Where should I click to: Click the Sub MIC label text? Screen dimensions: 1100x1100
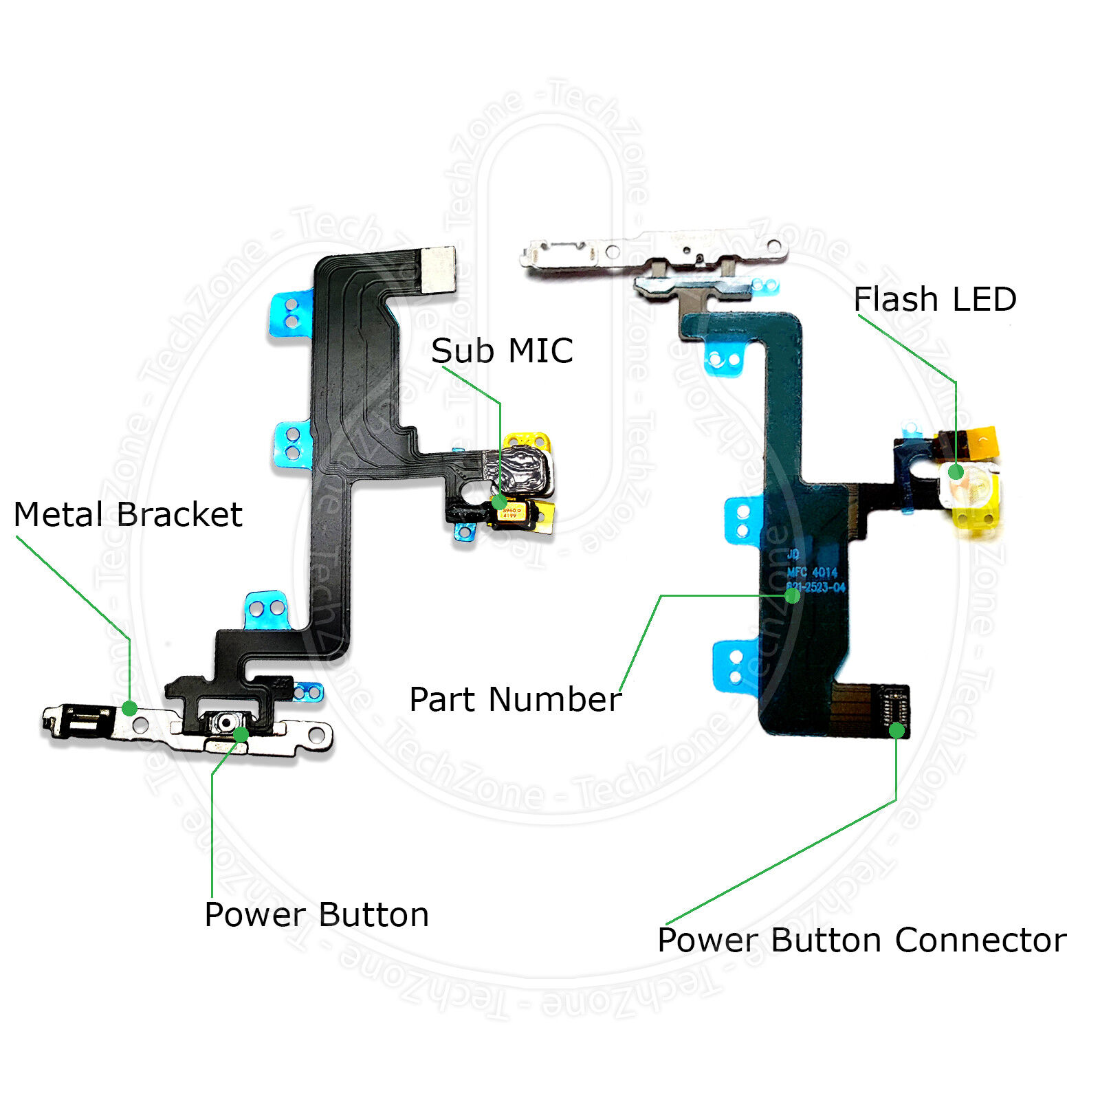point(502,351)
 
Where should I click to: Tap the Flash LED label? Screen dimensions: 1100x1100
point(934,300)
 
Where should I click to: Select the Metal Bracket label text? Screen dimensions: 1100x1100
point(128,515)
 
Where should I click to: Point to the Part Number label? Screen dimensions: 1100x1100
point(515,700)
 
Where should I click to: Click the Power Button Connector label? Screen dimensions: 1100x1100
point(862,940)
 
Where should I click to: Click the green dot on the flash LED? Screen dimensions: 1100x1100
point(956,472)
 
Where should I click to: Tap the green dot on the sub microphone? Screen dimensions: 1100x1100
point(499,502)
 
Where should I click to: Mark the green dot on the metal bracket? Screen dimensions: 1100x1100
point(129,708)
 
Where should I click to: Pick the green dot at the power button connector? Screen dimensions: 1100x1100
point(896,730)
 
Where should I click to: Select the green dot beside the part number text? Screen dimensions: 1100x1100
point(792,595)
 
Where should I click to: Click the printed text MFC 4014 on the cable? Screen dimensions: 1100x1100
point(812,572)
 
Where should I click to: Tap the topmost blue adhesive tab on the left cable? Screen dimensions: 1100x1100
point(289,313)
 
